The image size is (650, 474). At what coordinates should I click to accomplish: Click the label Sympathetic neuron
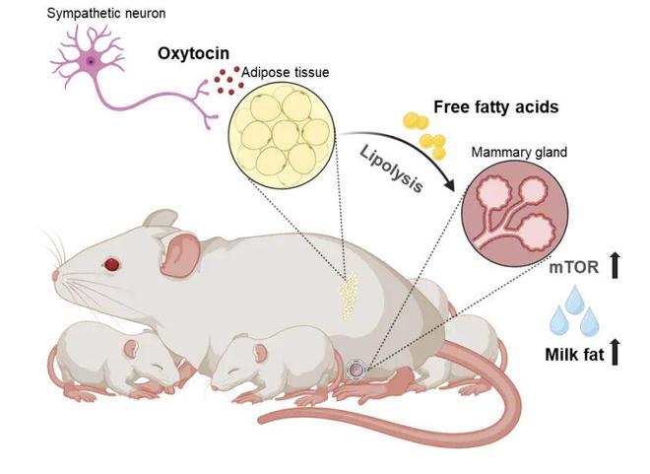pos(106,14)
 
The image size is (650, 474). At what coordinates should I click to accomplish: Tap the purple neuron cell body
pos(91,62)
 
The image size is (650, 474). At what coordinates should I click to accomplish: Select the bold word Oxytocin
pos(193,53)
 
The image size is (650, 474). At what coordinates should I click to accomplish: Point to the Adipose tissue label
pos(286,73)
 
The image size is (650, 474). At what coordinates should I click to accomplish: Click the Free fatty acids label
pos(495,107)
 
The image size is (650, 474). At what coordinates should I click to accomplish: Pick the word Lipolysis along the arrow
pos(391,169)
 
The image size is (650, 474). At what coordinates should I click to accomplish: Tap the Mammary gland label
pos(519,152)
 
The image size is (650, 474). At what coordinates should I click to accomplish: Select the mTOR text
pos(574,268)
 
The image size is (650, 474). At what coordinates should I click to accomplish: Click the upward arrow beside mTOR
pos(615,265)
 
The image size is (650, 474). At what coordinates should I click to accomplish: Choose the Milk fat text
pos(574,355)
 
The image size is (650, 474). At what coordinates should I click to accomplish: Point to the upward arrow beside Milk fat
pos(615,352)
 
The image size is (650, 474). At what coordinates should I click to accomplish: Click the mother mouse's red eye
pos(112,264)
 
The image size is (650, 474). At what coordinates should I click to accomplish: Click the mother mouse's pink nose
pos(55,276)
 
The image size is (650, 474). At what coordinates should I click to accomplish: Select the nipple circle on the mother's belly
pos(356,370)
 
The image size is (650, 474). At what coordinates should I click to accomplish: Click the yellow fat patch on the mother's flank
pos(349,296)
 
